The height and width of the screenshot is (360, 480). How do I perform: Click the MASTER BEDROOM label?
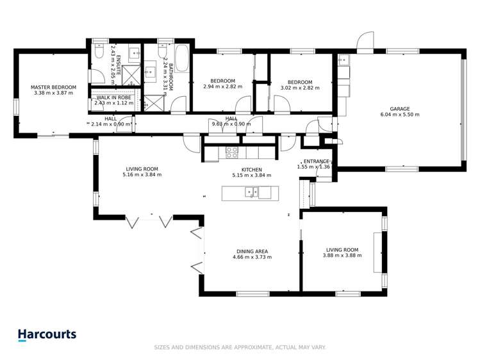point(54,87)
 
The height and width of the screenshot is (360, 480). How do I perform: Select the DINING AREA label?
point(252,251)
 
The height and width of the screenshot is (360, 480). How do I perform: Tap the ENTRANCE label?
point(316,161)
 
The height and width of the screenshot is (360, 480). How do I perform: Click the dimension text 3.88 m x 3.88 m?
point(342,256)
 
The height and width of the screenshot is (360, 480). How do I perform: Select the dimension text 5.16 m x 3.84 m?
point(142,174)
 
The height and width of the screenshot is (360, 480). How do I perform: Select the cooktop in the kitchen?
point(231,152)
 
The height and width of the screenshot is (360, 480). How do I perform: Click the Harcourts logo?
point(47,335)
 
